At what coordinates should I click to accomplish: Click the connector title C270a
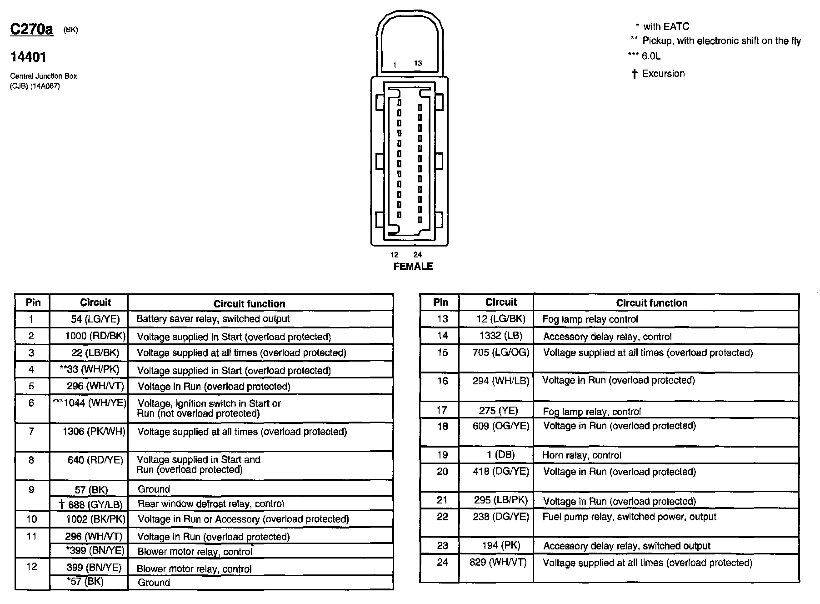coord(31,30)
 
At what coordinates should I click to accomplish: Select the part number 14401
coord(28,57)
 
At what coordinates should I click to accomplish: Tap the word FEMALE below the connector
coord(413,267)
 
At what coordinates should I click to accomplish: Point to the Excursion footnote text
coord(663,74)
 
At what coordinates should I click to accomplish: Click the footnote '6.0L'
coord(651,56)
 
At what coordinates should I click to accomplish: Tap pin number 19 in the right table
coord(442,455)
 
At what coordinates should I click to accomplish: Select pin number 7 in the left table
coord(31,431)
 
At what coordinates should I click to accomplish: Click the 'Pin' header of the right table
coord(440,302)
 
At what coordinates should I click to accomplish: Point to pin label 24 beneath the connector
coord(417,255)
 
